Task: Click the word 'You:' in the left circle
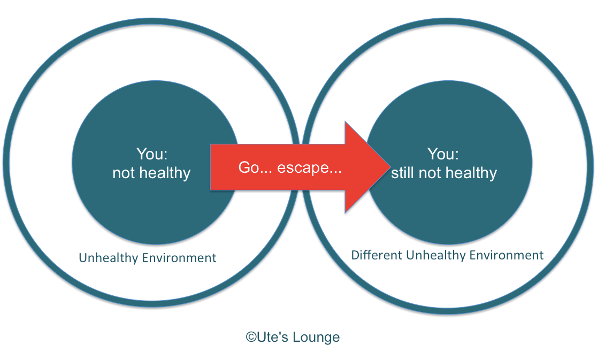point(152,155)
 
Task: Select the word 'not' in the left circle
point(124,173)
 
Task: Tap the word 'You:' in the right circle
point(443,155)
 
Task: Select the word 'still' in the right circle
point(403,173)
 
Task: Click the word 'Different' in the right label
point(377,255)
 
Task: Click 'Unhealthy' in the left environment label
point(109,258)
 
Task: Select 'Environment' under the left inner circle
point(179,258)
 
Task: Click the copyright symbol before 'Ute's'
point(251,337)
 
